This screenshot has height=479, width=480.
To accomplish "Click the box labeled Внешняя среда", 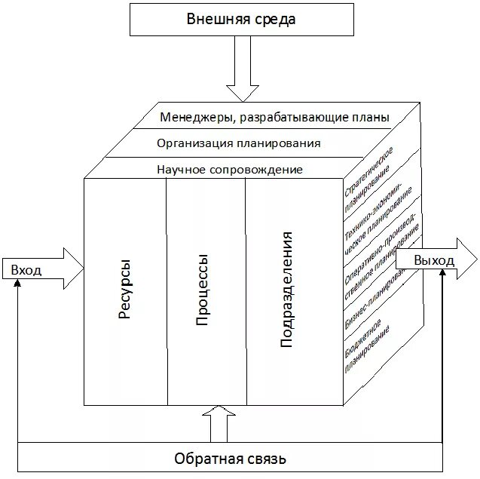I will tap(241, 19).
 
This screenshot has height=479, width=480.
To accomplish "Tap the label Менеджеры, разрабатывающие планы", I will tap(274, 118).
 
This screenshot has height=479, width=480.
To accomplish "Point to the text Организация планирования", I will tap(239, 143).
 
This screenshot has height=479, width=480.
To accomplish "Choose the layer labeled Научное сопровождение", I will tap(230, 170).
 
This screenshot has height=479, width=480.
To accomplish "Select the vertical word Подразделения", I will tap(286, 290).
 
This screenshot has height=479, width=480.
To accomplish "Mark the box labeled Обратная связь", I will tap(230, 458).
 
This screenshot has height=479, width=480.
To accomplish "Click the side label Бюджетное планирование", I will tap(369, 343).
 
